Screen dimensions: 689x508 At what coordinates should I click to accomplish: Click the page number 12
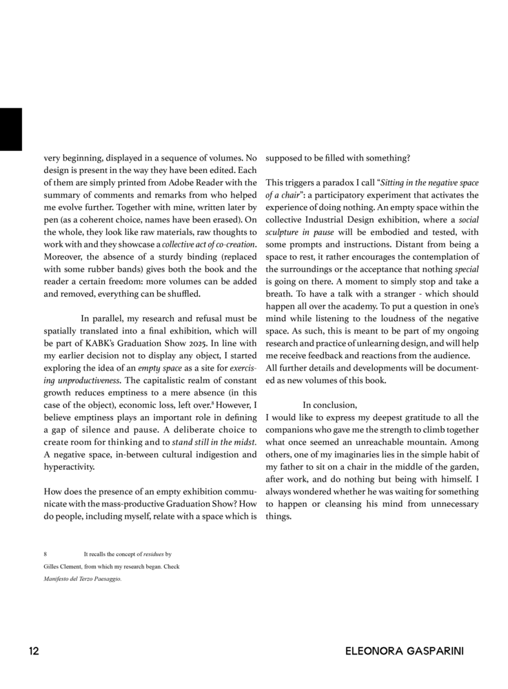pyautogui.click(x=34, y=651)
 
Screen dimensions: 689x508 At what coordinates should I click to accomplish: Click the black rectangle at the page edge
pyautogui.click(x=10, y=129)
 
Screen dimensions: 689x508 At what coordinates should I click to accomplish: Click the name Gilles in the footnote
pyautogui.click(x=52, y=566)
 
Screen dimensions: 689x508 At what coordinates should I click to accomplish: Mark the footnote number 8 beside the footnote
pyautogui.click(x=45, y=554)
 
